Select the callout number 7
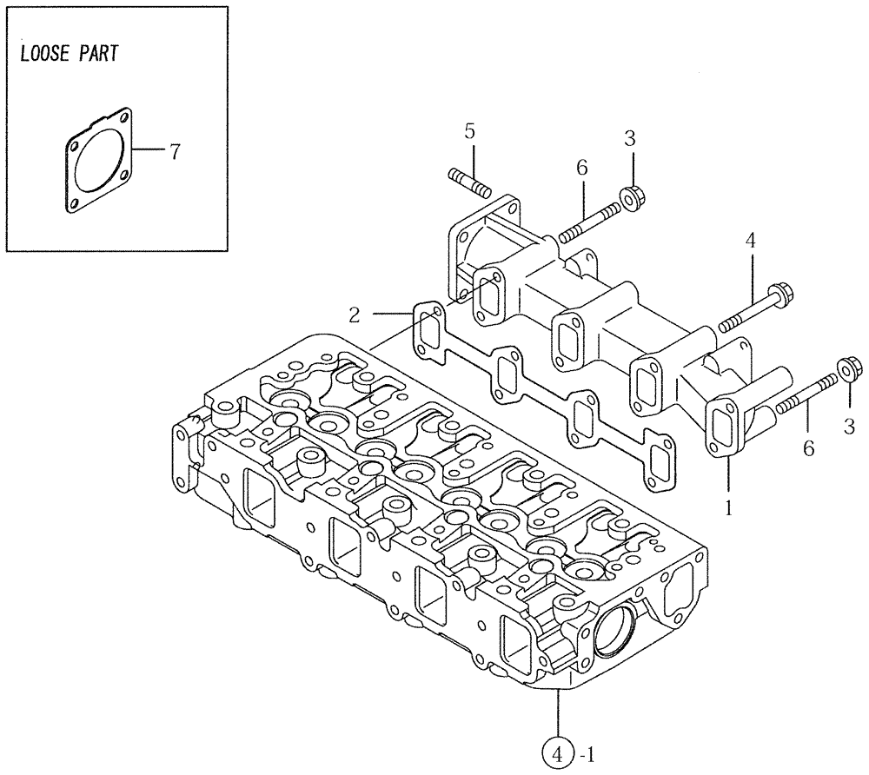(x=174, y=153)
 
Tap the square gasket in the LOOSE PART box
(x=100, y=161)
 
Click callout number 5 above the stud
(x=469, y=132)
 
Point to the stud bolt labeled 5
(x=470, y=183)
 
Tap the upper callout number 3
(x=631, y=138)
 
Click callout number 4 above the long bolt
(x=748, y=241)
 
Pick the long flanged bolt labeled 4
(x=753, y=309)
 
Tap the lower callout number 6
(x=809, y=448)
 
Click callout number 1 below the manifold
(x=729, y=505)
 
